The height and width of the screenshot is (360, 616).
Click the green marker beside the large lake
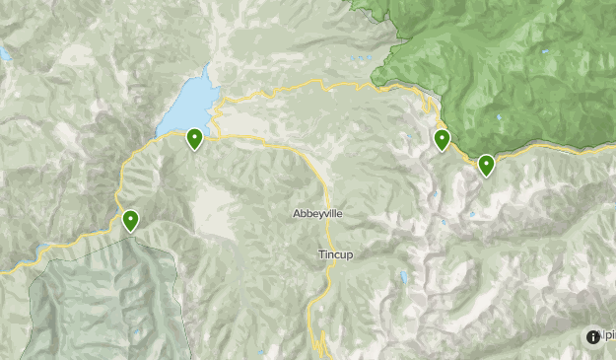(x=194, y=139)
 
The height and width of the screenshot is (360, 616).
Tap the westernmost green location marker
(x=130, y=221)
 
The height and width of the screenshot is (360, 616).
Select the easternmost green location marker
(x=486, y=165)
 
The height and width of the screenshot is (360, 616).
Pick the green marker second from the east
(x=442, y=140)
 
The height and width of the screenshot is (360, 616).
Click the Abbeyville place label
(x=318, y=213)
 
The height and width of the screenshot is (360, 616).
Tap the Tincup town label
(x=335, y=254)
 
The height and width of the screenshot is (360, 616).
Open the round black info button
(x=592, y=336)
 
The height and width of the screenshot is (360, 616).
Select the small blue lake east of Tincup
(x=401, y=276)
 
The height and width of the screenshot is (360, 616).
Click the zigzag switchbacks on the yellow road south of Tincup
(x=317, y=340)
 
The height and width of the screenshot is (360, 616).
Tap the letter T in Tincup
(x=320, y=254)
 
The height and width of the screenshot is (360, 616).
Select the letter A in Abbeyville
(x=297, y=213)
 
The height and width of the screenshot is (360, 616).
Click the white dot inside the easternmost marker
(x=486, y=162)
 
